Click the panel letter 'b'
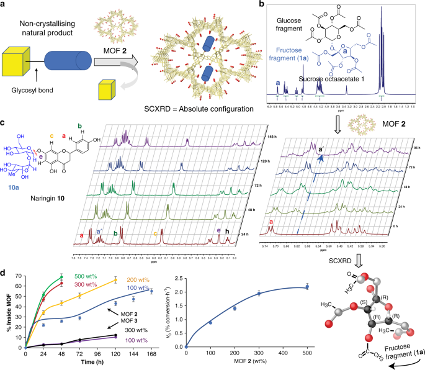(261, 5)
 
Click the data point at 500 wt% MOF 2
(306, 286)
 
